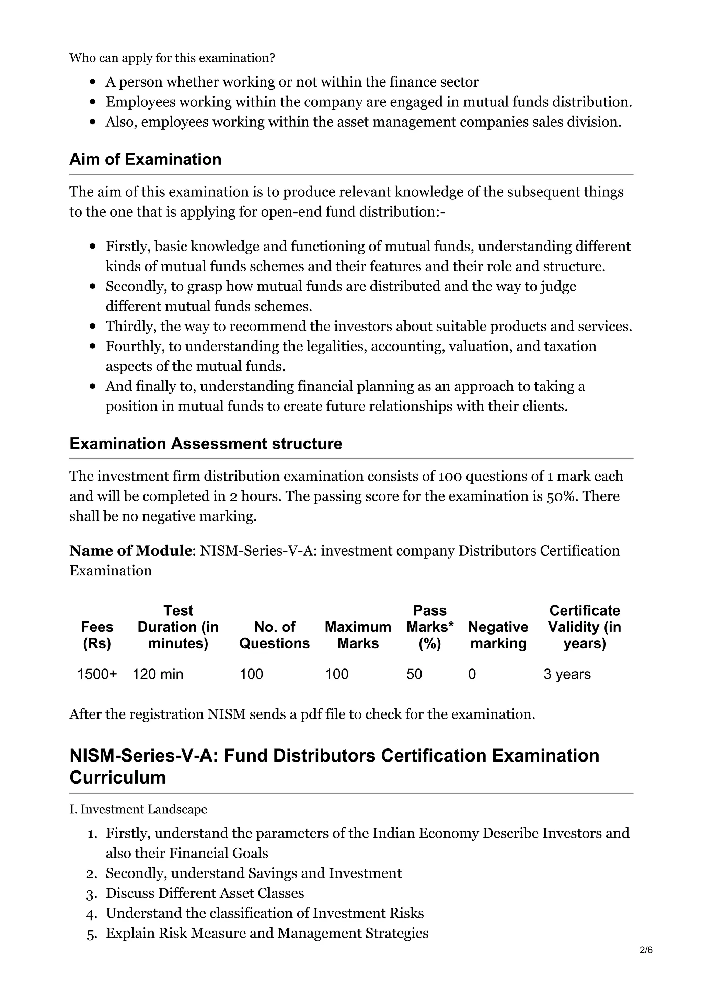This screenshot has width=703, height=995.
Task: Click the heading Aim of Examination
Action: click(145, 159)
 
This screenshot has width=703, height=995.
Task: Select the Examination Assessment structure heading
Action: click(206, 444)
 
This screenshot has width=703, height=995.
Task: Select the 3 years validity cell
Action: click(567, 674)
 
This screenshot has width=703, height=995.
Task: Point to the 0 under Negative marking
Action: click(472, 674)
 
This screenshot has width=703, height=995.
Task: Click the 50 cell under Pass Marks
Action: click(414, 674)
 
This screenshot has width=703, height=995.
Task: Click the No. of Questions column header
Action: click(274, 635)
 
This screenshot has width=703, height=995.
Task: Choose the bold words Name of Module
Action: click(130, 551)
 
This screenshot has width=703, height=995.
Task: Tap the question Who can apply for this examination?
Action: click(172, 58)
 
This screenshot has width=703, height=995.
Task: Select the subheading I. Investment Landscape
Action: click(138, 810)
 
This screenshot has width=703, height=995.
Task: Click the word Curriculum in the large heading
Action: click(117, 777)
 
